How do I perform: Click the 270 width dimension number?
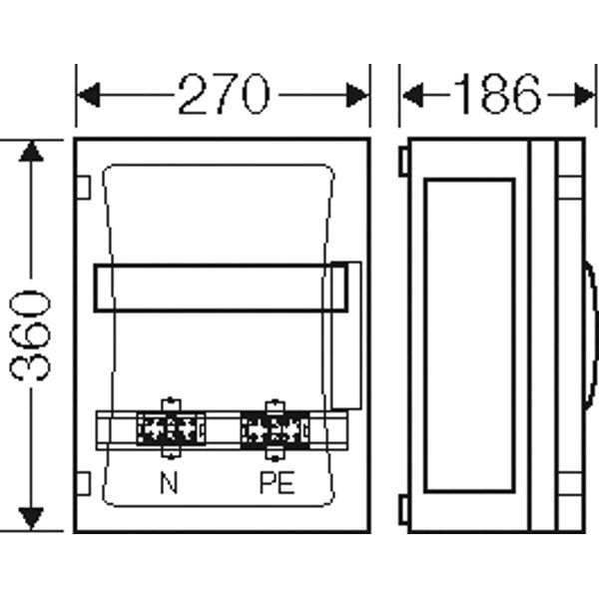pos(225,94)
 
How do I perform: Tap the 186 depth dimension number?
pos(496,94)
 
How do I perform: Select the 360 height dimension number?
pos(30,336)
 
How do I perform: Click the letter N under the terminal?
pos(169,482)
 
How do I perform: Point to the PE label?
pos(277,482)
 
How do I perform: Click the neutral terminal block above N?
pos(171,428)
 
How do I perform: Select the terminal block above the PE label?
pos(276,429)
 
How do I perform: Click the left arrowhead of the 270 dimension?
pos(88,95)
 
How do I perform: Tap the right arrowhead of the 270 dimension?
pos(358,95)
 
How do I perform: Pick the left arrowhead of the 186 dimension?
pos(412,95)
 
